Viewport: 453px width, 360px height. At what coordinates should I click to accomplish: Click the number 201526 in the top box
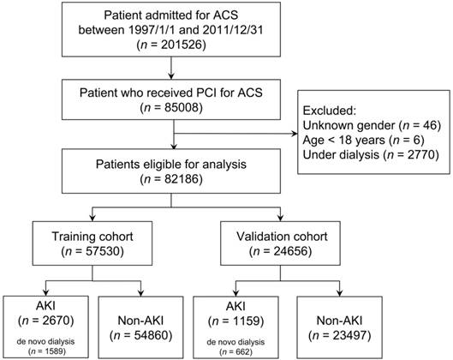pyautogui.click(x=183, y=45)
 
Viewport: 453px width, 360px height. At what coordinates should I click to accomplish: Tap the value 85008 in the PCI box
pyautogui.click(x=183, y=107)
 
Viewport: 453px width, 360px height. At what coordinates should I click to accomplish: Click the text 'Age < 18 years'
pyautogui.click(x=343, y=140)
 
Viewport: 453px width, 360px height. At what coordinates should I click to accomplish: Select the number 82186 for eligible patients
pyautogui.click(x=183, y=179)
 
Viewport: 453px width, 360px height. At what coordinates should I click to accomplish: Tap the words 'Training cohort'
pyautogui.click(x=92, y=237)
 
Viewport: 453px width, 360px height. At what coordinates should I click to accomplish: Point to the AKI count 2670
pyautogui.click(x=57, y=321)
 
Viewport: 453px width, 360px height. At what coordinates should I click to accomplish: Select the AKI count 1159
pyautogui.click(x=247, y=321)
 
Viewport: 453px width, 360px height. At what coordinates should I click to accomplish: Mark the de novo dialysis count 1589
pyautogui.click(x=55, y=351)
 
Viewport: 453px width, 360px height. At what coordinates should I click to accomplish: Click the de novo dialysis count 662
pyautogui.click(x=243, y=352)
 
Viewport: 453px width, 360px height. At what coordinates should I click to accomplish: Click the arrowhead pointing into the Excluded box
pyautogui.click(x=295, y=134)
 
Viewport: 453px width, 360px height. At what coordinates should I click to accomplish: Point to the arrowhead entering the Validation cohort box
pyautogui.click(x=280, y=218)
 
